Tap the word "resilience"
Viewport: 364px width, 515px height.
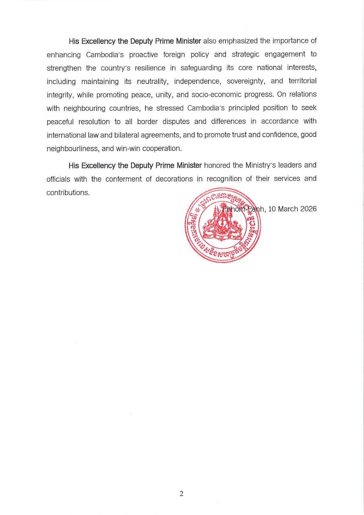(146, 68)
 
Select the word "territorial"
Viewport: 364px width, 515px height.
(302, 81)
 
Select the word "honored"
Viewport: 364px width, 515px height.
(217, 165)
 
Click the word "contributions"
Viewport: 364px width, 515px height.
(68, 192)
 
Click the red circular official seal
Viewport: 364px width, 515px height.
(223, 226)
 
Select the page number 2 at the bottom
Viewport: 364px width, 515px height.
(182, 494)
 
